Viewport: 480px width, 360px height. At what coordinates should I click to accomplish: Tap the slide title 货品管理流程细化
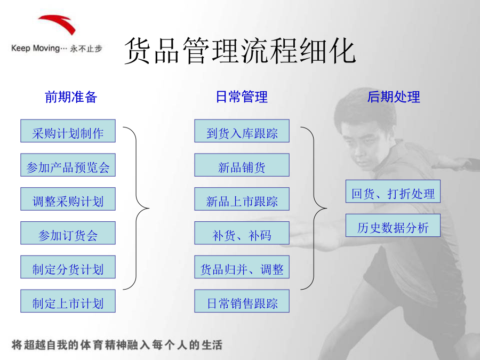tap(240, 51)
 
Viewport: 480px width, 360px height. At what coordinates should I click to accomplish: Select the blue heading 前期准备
tap(71, 97)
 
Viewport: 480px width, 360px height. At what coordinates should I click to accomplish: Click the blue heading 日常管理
tap(242, 97)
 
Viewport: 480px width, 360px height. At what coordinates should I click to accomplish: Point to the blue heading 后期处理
tap(394, 97)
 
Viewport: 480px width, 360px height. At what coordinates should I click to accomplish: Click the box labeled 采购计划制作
tap(68, 131)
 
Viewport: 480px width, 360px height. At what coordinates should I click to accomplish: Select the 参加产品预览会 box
tap(68, 165)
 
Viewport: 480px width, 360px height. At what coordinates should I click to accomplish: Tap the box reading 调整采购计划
tap(68, 199)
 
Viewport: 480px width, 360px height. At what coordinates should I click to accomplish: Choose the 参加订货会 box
tap(68, 233)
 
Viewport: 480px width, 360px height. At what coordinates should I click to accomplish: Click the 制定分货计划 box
tap(68, 267)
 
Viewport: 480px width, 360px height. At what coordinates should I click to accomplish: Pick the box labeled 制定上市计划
tap(68, 301)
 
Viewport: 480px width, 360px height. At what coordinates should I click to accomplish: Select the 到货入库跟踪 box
tap(242, 131)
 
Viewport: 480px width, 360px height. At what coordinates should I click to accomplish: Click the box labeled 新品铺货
tap(242, 165)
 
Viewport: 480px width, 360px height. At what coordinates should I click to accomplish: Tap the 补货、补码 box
tap(242, 233)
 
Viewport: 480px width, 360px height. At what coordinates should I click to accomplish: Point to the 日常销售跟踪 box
tap(242, 301)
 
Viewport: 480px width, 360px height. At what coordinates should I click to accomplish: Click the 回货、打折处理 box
tap(393, 191)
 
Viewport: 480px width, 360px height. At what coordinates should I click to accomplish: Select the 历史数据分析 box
tap(393, 225)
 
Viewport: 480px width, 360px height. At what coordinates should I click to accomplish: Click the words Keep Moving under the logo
tap(35, 49)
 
